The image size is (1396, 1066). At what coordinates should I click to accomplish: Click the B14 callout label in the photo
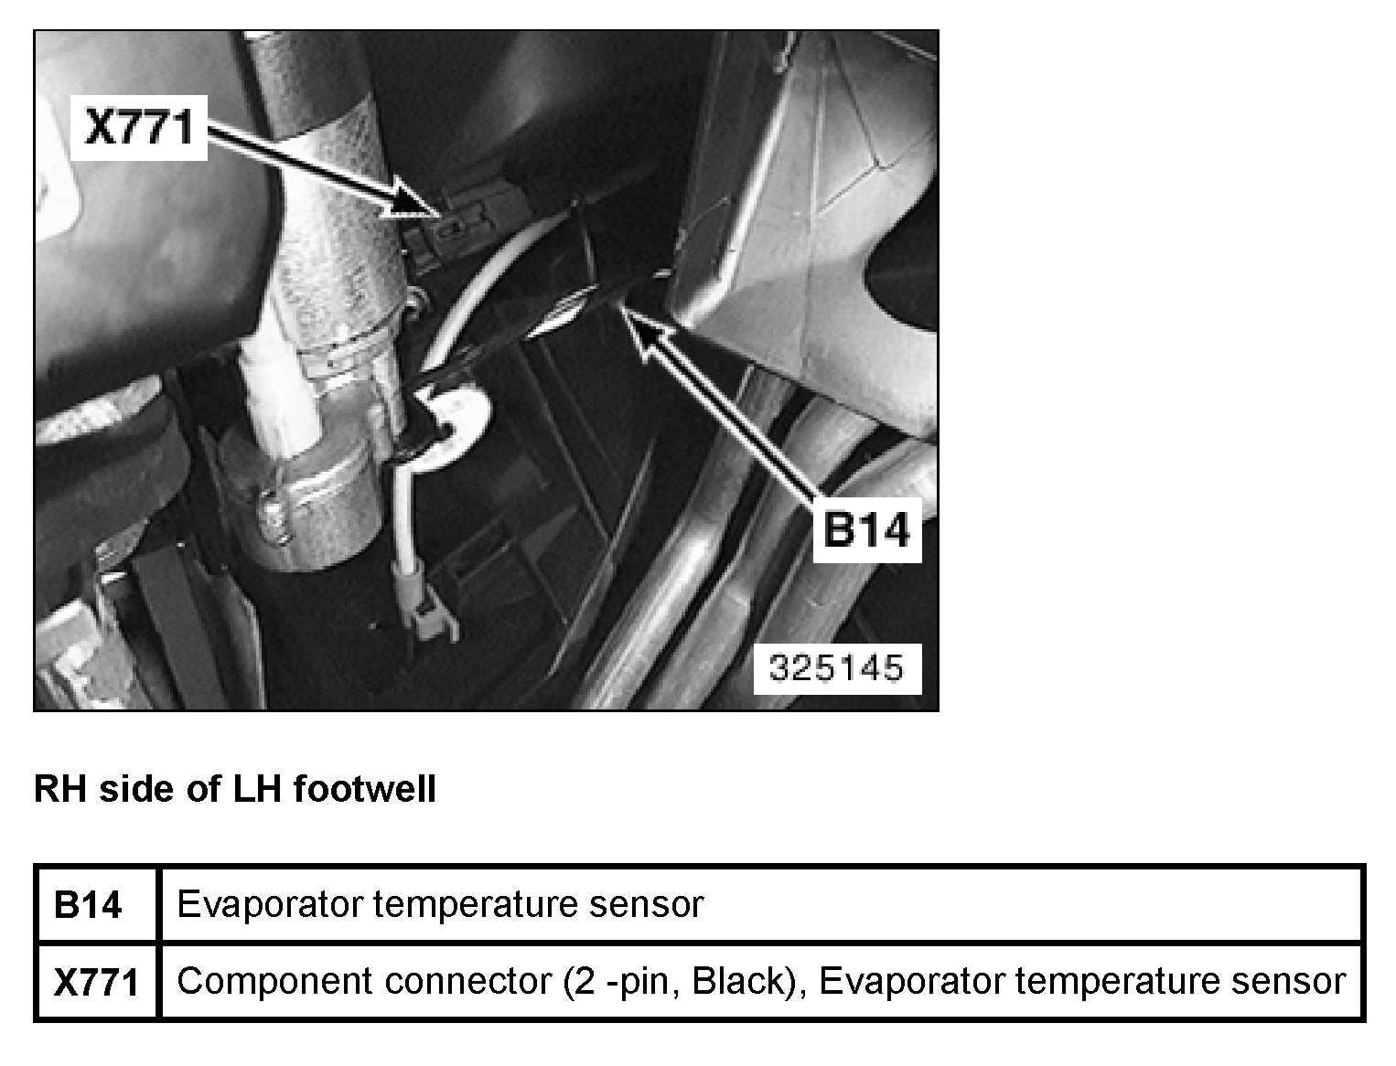pos(866,529)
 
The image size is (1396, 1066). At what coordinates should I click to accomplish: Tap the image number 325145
pos(836,667)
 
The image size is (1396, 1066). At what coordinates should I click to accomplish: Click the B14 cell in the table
pos(88,904)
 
